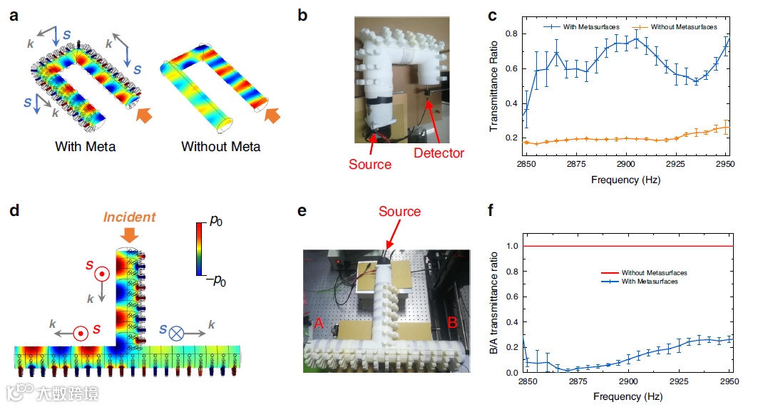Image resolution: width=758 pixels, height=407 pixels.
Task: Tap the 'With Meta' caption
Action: [85, 147]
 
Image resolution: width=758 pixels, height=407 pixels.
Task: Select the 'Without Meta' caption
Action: [220, 147]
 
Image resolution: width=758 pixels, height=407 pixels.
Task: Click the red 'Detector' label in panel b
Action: [438, 153]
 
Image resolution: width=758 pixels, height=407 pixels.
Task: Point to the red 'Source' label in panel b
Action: [370, 164]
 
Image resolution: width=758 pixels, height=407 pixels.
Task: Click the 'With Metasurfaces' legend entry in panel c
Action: [584, 26]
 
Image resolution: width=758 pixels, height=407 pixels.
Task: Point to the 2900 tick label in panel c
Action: [626, 164]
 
